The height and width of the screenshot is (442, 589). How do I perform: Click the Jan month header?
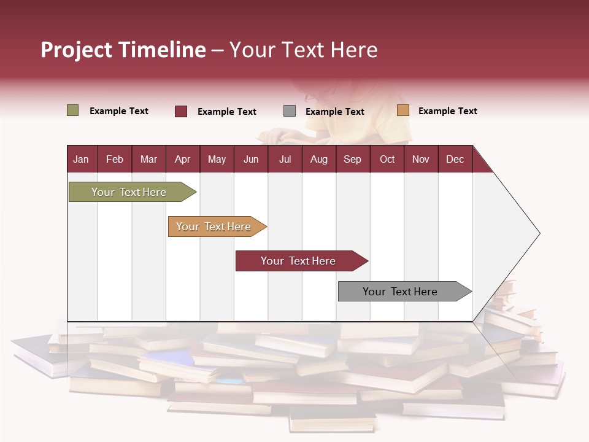[x=81, y=159]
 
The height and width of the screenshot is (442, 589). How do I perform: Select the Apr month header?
[x=182, y=159]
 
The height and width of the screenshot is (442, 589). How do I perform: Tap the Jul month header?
[x=285, y=159]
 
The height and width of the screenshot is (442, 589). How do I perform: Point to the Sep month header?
[x=352, y=159]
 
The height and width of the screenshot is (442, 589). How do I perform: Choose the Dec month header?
[x=455, y=159]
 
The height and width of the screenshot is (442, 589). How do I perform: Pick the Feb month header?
[x=115, y=159]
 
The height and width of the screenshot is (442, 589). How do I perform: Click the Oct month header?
[x=387, y=159]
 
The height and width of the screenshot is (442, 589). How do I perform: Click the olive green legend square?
[x=73, y=110]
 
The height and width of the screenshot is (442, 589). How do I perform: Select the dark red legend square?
[x=181, y=111]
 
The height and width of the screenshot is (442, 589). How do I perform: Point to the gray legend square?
[x=290, y=111]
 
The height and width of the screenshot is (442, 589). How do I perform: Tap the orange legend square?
[x=403, y=110]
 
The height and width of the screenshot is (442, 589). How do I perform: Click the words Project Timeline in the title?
[x=123, y=50]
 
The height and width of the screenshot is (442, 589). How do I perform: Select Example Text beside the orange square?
[x=447, y=111]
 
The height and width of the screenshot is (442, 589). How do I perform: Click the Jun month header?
[x=251, y=159]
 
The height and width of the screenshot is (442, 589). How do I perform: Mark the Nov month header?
[x=421, y=159]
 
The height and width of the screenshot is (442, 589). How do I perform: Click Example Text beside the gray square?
[x=334, y=112]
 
